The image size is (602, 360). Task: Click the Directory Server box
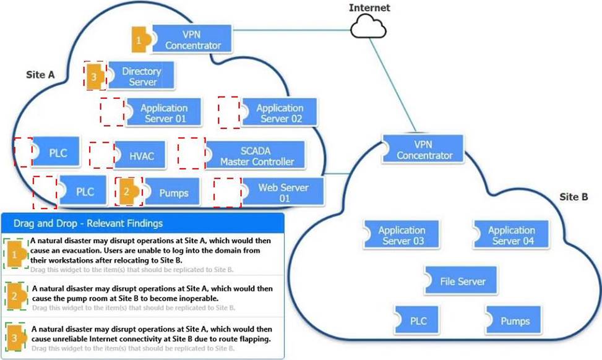(x=142, y=76)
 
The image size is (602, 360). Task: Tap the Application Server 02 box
(x=280, y=113)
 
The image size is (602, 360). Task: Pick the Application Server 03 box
(x=402, y=235)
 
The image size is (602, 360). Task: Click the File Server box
(x=462, y=281)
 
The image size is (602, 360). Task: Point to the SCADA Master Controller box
(x=254, y=155)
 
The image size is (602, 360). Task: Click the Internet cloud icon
(x=368, y=26)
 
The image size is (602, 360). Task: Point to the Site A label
(x=40, y=74)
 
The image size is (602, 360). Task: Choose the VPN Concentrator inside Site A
(x=192, y=39)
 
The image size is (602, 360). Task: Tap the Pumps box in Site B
(x=514, y=320)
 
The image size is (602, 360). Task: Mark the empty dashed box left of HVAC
(x=101, y=155)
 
